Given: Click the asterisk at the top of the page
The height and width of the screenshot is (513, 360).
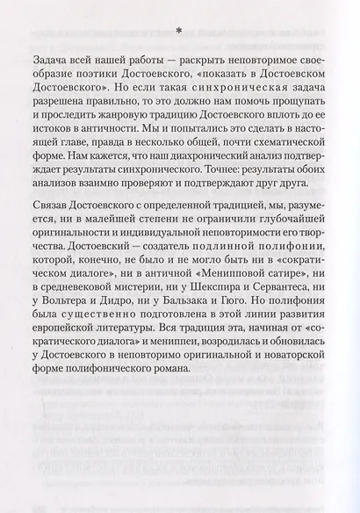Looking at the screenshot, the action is [179, 30].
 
